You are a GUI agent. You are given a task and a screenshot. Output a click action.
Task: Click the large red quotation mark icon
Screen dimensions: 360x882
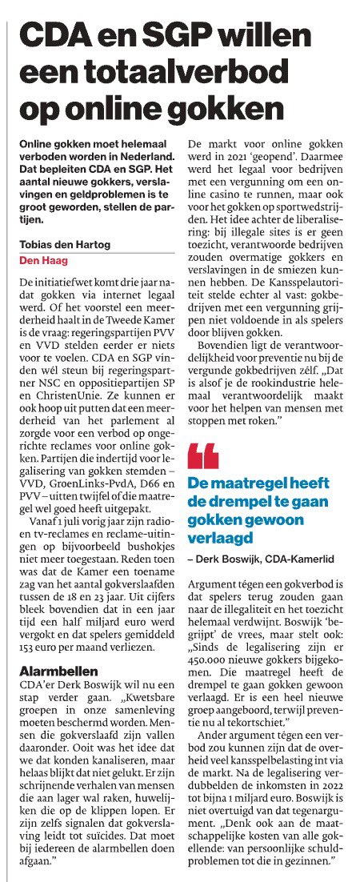pyautogui.click(x=202, y=457)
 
